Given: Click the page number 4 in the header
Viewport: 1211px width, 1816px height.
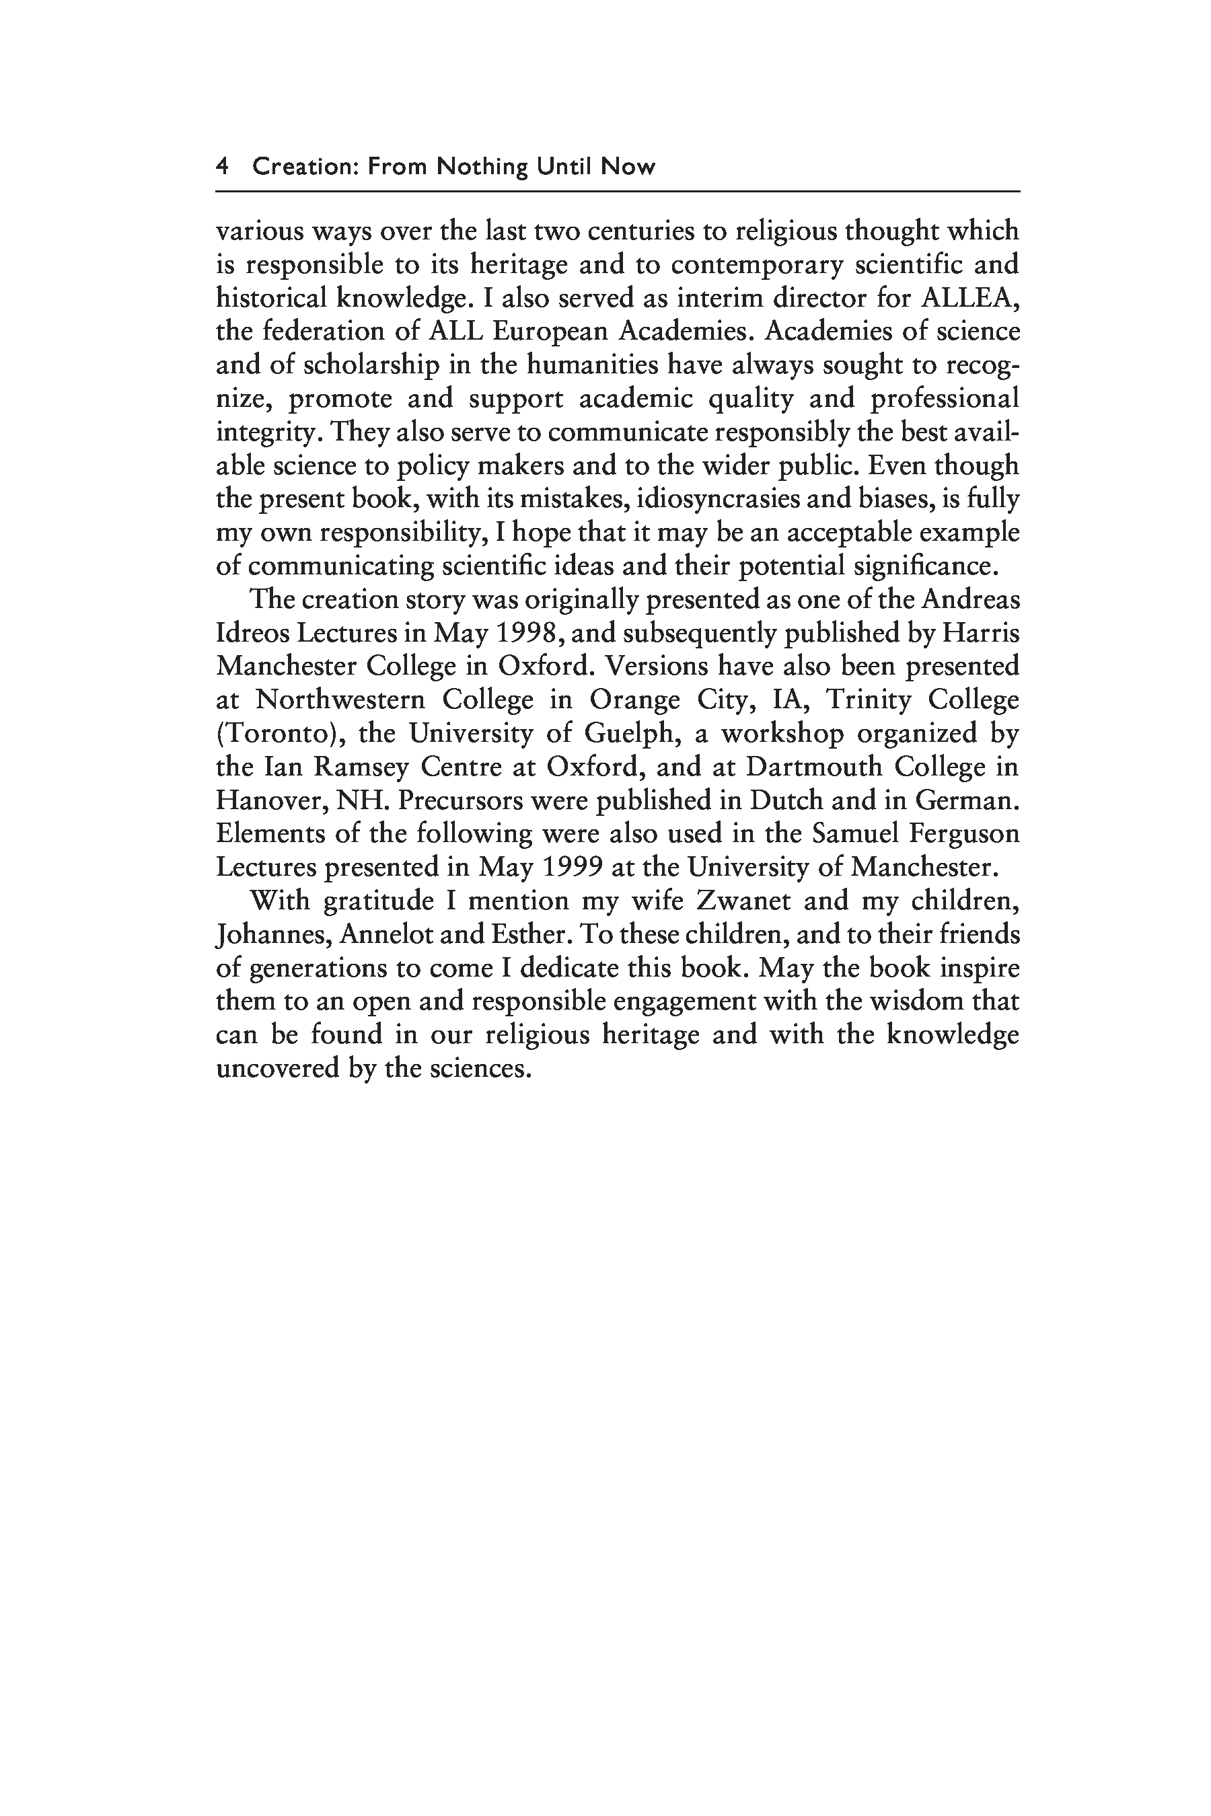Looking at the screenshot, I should (221, 166).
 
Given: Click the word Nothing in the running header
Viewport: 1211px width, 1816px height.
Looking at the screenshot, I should (482, 166).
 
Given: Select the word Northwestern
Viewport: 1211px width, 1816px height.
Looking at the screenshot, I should (340, 699).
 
